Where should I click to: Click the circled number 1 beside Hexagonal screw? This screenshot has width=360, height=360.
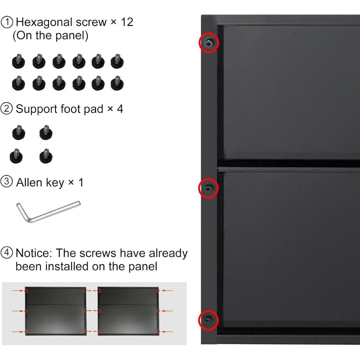(x=7, y=22)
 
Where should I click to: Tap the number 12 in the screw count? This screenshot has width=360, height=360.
(x=127, y=22)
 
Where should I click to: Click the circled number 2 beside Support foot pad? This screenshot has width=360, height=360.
(x=6, y=109)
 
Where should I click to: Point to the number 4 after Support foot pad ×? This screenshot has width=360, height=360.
(x=120, y=109)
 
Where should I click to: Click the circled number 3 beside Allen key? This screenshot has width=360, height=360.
(x=6, y=182)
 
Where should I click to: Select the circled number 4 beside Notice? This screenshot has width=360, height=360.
(x=7, y=253)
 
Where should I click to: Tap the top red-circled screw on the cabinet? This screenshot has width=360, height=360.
(x=209, y=43)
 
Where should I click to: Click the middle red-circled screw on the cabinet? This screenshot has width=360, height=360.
(x=208, y=188)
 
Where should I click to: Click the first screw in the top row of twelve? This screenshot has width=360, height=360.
(x=19, y=61)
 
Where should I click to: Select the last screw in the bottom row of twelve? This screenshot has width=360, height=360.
(x=117, y=83)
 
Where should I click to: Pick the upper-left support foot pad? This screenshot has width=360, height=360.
(x=19, y=132)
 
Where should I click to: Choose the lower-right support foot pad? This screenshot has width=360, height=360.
(x=46, y=156)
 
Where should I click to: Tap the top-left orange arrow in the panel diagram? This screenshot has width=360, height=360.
(x=18, y=291)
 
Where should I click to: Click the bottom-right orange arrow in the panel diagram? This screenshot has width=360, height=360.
(x=167, y=332)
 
